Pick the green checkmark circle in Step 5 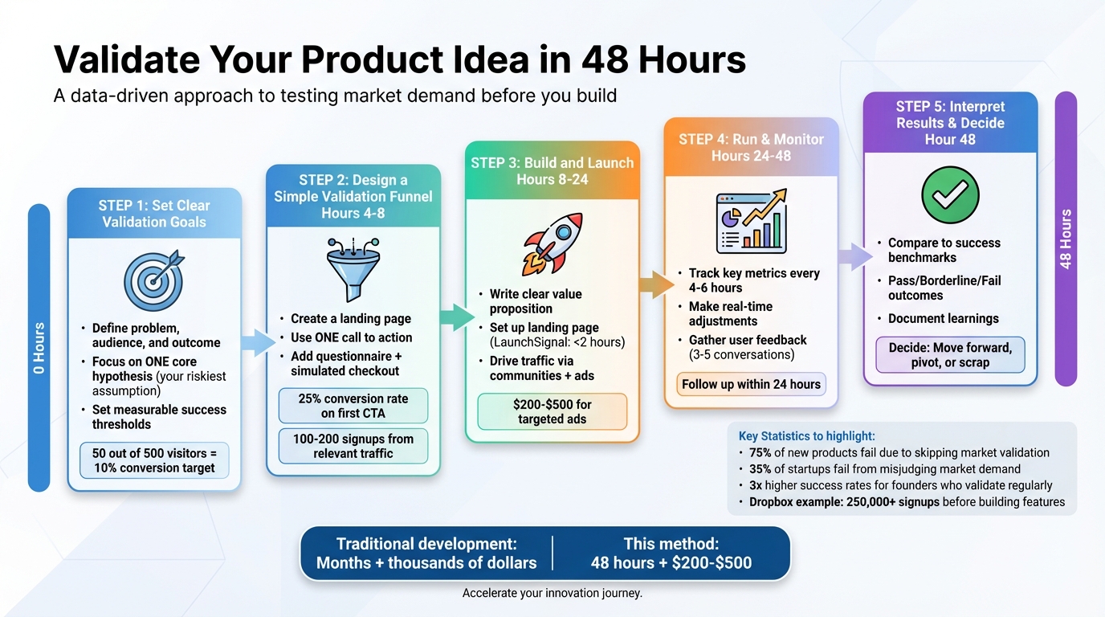tap(950, 195)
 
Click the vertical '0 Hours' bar tap(39, 347)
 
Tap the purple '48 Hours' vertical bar tap(1066, 239)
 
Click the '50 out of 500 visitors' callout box tap(153, 460)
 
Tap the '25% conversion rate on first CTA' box tap(353, 406)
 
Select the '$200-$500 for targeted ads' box tap(552, 412)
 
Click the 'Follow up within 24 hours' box tap(751, 384)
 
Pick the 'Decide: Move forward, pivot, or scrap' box tap(950, 354)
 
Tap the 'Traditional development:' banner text tap(426, 543)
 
